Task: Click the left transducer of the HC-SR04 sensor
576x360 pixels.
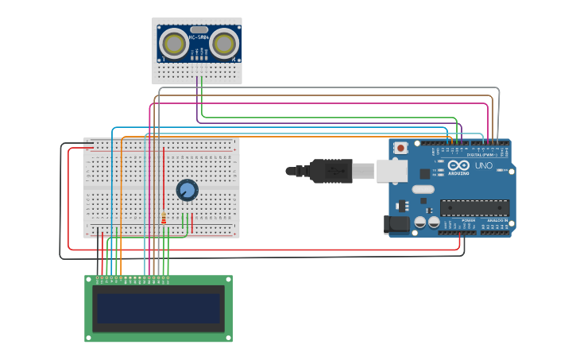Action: click(x=173, y=44)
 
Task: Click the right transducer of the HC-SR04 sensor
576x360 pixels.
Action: click(x=225, y=44)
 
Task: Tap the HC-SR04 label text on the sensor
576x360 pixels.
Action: click(x=199, y=37)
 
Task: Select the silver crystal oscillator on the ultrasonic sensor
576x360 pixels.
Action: click(x=199, y=29)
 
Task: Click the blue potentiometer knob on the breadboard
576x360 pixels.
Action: click(x=187, y=190)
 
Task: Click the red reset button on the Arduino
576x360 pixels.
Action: click(x=401, y=147)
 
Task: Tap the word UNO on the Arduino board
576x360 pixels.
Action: click(x=483, y=165)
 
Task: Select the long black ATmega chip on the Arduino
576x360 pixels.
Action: click(x=474, y=208)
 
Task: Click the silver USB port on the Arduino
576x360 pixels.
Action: click(x=392, y=170)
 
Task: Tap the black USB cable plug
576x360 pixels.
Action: click(x=331, y=170)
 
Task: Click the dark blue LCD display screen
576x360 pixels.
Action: click(x=158, y=308)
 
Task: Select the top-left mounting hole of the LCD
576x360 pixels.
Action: click(x=89, y=280)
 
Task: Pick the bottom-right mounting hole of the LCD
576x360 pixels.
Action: click(x=228, y=338)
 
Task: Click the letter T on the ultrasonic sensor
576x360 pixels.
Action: click(x=164, y=59)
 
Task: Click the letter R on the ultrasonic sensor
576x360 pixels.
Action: click(x=234, y=59)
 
